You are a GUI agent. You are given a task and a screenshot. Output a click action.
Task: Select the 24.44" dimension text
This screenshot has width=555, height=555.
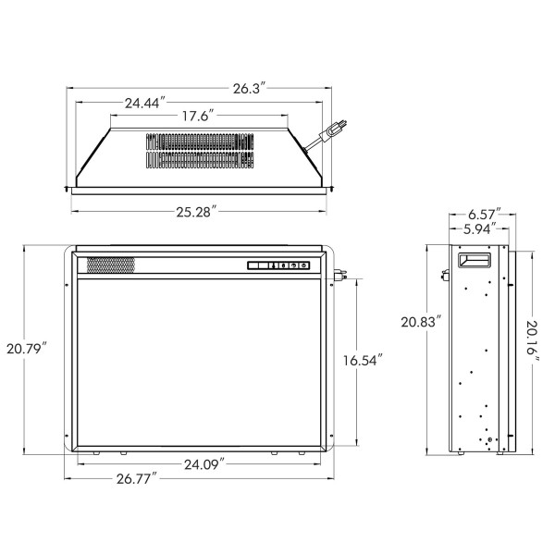click(143, 103)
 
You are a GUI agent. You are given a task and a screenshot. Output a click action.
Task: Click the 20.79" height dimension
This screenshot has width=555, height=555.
click(26, 349)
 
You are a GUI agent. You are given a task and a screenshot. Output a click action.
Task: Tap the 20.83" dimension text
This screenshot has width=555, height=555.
click(421, 323)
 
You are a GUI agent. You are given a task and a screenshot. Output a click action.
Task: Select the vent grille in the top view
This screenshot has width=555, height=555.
click(198, 150)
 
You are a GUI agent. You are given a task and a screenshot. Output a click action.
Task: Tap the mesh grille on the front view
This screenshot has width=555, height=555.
click(111, 265)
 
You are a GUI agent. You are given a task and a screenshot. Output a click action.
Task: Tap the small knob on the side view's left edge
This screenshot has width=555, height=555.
click(445, 274)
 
